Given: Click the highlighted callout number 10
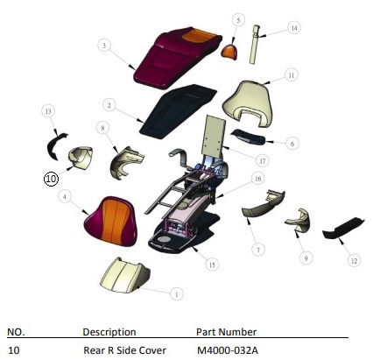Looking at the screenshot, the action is [x=51, y=179].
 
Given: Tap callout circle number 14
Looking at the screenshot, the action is [x=294, y=28].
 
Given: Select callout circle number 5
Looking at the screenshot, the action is [x=238, y=20].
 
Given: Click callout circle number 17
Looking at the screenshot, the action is [x=263, y=161].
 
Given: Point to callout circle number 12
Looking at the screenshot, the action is [x=354, y=261].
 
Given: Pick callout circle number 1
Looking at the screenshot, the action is [x=176, y=294].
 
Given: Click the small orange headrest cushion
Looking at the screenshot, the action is [x=229, y=52].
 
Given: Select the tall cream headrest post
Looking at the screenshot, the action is [x=255, y=44].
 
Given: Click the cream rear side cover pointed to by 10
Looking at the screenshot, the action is [x=81, y=157].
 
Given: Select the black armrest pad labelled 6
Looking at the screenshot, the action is [x=248, y=137].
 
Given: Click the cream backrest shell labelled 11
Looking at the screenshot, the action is [x=248, y=103].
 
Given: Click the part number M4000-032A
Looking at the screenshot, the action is [x=228, y=350].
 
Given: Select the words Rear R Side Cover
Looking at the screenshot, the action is [x=124, y=350].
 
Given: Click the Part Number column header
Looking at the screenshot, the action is [x=226, y=332].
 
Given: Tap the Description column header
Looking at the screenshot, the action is [x=109, y=332].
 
